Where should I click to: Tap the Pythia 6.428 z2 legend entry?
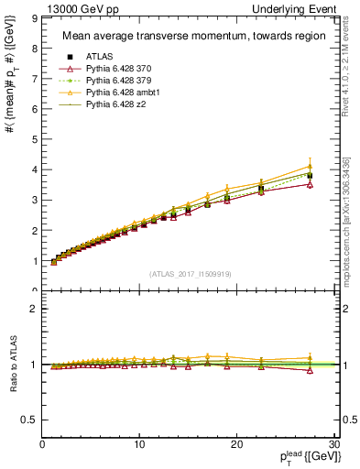pyautogui.click(x=109, y=107)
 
